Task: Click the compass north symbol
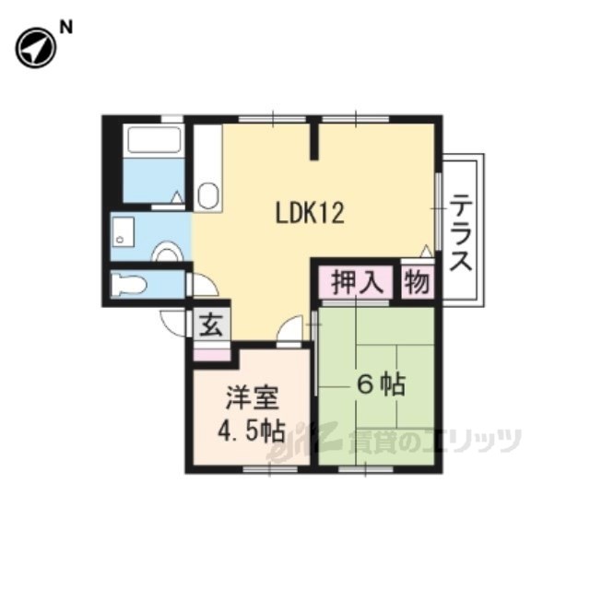(x=36, y=49)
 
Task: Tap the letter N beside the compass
(x=66, y=28)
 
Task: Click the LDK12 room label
(x=310, y=213)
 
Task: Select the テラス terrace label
(x=461, y=232)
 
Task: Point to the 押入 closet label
(x=357, y=282)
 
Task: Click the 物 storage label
(x=418, y=282)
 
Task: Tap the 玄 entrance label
(x=210, y=324)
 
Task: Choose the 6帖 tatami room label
(x=381, y=384)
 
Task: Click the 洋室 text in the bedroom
(x=252, y=397)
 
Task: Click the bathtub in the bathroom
(x=154, y=139)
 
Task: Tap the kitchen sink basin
(x=208, y=195)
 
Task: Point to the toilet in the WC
(x=128, y=285)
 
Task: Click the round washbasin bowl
(x=166, y=253)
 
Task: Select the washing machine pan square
(x=123, y=231)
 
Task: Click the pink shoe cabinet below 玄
(x=211, y=354)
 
